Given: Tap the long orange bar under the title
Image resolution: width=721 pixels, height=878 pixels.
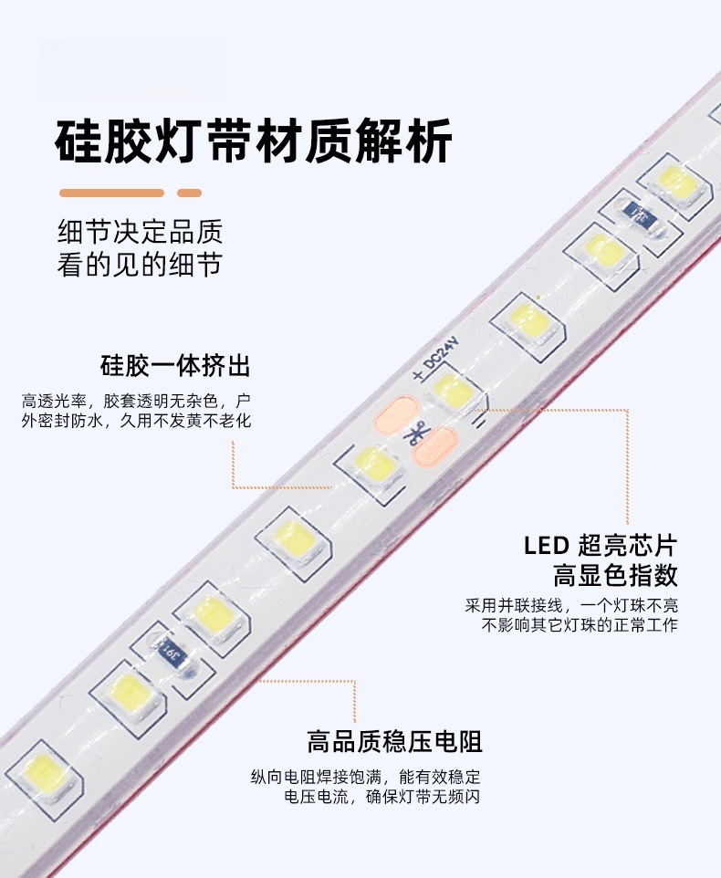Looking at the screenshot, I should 111,193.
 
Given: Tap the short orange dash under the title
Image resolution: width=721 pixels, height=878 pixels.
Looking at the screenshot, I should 189,193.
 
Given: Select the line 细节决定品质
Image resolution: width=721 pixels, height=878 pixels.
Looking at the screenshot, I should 139,230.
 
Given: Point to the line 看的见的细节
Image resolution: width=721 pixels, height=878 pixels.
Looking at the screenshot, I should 139,265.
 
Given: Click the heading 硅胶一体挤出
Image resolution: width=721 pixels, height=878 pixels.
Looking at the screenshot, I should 175,367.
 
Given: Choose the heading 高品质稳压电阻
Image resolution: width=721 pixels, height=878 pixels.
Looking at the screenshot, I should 395,741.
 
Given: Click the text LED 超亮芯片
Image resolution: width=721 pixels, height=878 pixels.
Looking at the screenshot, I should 600,546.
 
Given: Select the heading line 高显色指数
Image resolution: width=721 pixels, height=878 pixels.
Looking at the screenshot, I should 614,575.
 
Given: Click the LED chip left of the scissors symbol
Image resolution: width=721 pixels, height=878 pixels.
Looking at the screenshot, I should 372,463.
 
